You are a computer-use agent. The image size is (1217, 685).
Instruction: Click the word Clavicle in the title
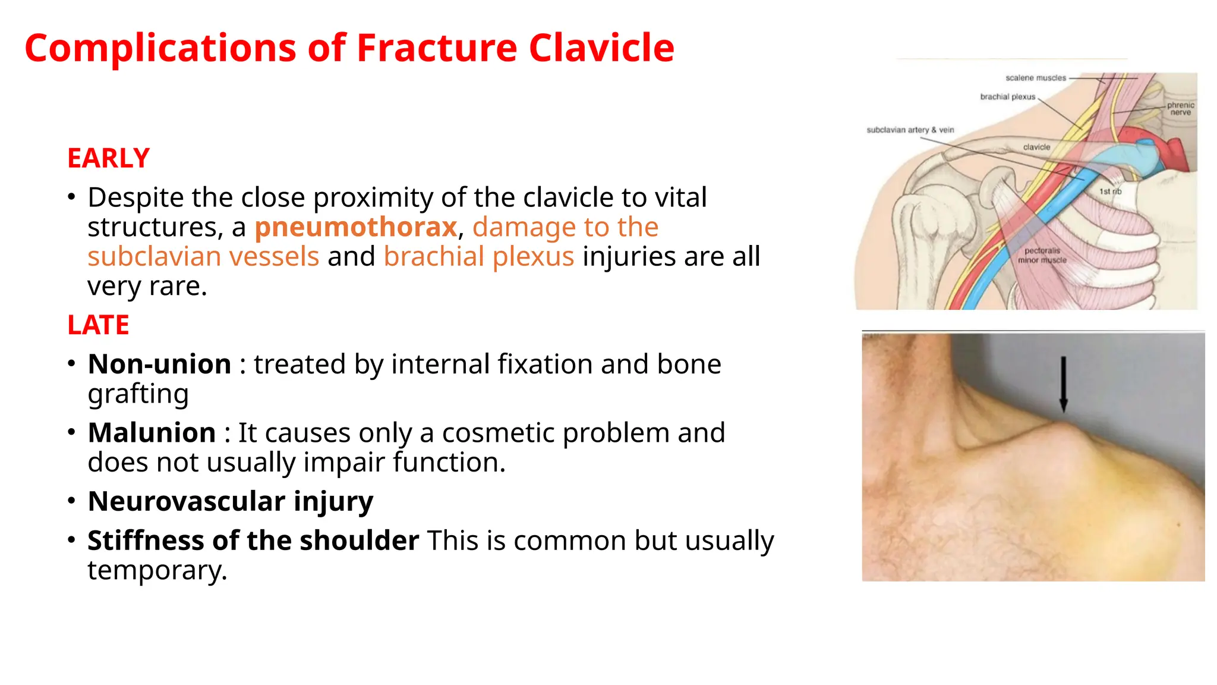(601, 48)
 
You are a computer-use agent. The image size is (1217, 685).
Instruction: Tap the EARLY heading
(108, 158)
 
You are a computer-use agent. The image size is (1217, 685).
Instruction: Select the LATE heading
(98, 325)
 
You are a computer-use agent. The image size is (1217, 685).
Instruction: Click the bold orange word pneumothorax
(355, 227)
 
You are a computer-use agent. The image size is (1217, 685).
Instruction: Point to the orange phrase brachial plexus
(478, 257)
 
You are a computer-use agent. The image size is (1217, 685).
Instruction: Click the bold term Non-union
(159, 364)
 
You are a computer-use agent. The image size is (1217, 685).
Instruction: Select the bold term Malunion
(152, 432)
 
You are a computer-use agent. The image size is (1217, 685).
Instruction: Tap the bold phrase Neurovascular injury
(230, 501)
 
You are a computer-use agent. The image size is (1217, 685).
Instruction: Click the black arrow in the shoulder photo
(1063, 384)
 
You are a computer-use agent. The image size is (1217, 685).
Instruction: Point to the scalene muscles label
(1035, 78)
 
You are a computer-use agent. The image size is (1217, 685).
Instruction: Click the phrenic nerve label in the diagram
(1180, 108)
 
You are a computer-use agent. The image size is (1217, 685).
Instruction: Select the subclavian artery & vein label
(910, 130)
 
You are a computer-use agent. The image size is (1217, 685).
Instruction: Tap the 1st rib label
(1109, 191)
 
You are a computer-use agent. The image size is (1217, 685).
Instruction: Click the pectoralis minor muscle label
(1042, 255)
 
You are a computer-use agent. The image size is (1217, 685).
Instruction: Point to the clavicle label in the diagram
(1036, 147)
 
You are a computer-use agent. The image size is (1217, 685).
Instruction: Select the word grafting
(138, 394)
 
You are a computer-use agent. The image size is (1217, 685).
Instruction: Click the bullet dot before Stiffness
(71, 540)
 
